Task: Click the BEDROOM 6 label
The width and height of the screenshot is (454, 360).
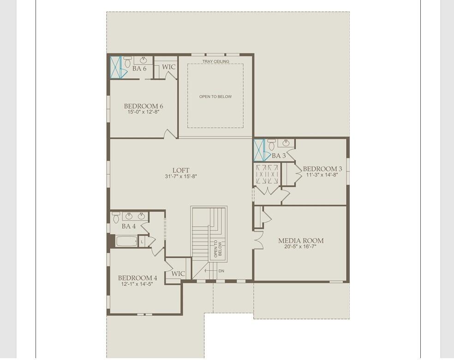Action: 143,106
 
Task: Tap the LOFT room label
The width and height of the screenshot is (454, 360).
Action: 181,170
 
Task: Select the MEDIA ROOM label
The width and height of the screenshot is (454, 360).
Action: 301,240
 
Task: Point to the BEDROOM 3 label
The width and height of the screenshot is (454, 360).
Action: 323,169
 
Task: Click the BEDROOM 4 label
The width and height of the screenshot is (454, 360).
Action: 137,278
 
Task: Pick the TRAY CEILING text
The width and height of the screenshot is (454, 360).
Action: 215,61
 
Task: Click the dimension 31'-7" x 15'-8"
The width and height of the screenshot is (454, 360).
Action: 181,177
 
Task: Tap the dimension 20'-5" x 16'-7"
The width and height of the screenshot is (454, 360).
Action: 300,247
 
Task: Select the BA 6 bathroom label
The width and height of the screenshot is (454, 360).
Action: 139,69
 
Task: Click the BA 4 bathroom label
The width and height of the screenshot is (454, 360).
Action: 129,226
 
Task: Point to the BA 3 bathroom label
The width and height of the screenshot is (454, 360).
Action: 279,156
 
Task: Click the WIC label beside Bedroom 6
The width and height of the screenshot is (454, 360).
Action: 169,67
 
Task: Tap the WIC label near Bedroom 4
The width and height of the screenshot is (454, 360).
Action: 178,273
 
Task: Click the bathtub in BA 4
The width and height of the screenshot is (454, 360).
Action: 126,241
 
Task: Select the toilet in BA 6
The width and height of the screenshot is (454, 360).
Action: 127,61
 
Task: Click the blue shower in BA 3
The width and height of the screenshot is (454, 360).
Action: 259,150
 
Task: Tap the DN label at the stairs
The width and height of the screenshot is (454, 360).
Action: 221,271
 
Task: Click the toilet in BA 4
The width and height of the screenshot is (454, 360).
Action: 116,217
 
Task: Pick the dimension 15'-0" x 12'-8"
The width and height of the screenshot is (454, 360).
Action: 143,112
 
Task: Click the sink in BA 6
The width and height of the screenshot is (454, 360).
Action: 143,60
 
